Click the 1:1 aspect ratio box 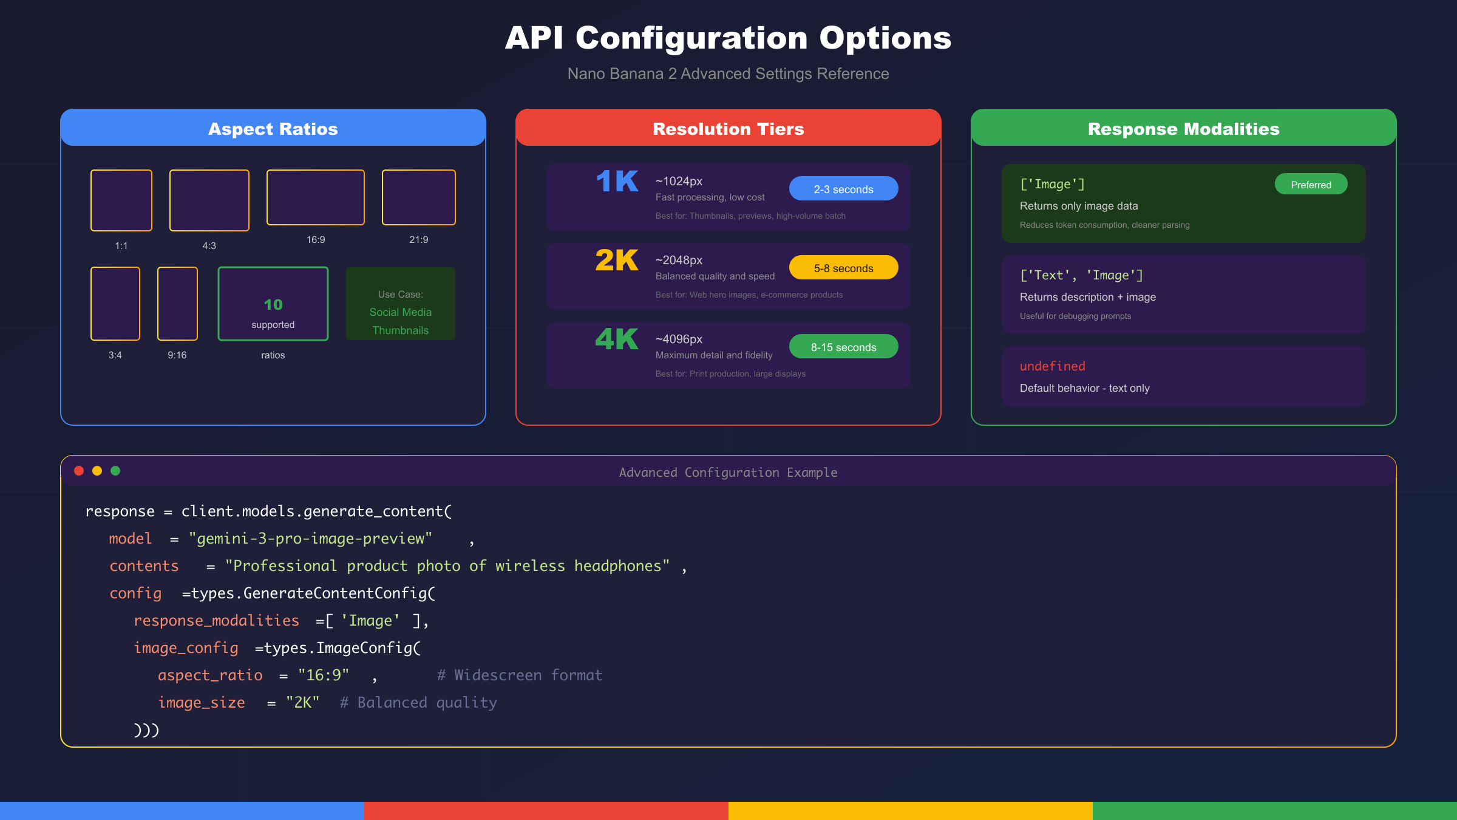pyautogui.click(x=121, y=200)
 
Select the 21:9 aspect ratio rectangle pyautogui.click(x=419, y=197)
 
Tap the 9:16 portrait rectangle pyautogui.click(x=177, y=304)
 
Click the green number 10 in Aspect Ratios pyautogui.click(x=273, y=304)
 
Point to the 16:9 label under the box pyautogui.click(x=316, y=240)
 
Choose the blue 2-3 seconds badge pyautogui.click(x=843, y=189)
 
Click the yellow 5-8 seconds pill pyautogui.click(x=843, y=268)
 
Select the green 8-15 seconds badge pyautogui.click(x=843, y=347)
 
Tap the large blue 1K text pyautogui.click(x=617, y=182)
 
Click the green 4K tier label pyautogui.click(x=617, y=340)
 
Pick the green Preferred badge pyautogui.click(x=1311, y=185)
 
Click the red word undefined pyautogui.click(x=1052, y=366)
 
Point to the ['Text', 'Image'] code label pyautogui.click(x=1081, y=275)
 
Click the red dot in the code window pyautogui.click(x=79, y=471)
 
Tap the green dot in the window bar pyautogui.click(x=115, y=471)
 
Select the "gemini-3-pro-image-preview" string pyautogui.click(x=310, y=539)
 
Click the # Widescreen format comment pyautogui.click(x=520, y=675)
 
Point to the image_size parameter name pyautogui.click(x=202, y=703)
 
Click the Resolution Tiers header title pyautogui.click(x=728, y=129)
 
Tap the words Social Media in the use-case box pyautogui.click(x=401, y=312)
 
